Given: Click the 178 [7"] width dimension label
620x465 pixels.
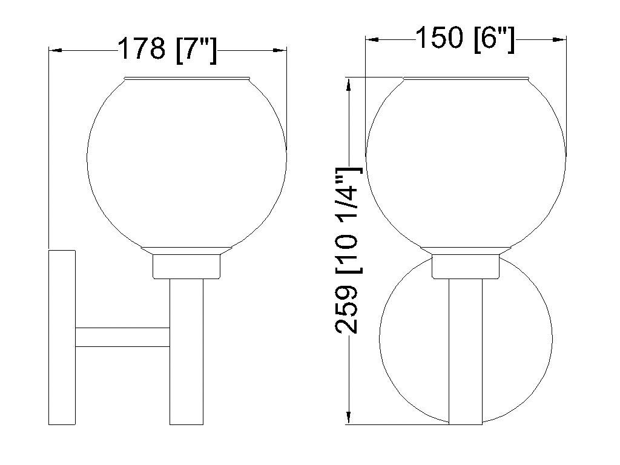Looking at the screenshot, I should pyautogui.click(x=167, y=49).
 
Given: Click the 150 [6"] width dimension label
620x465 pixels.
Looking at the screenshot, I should pyautogui.click(x=465, y=38).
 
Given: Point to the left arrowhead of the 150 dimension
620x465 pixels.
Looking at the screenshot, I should pyautogui.click(x=371, y=39).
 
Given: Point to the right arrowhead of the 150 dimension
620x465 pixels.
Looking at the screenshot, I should pyautogui.click(x=559, y=39).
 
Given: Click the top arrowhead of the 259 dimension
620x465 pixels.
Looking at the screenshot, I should pyautogui.click(x=348, y=84).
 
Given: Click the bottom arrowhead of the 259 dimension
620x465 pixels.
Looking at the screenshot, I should pyautogui.click(x=348, y=418).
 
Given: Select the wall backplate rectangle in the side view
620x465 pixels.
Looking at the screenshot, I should pyautogui.click(x=62, y=337).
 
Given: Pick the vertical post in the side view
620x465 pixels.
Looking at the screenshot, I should pyautogui.click(x=186, y=351).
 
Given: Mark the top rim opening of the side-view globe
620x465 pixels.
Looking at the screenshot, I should pyautogui.click(x=186, y=78).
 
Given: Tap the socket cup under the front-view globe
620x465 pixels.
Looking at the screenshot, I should pyautogui.click(x=465, y=266).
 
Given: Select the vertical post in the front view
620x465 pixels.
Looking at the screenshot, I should pyautogui.click(x=465, y=351).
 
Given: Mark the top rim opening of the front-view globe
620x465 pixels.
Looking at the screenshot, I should pyautogui.click(x=465, y=78).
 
